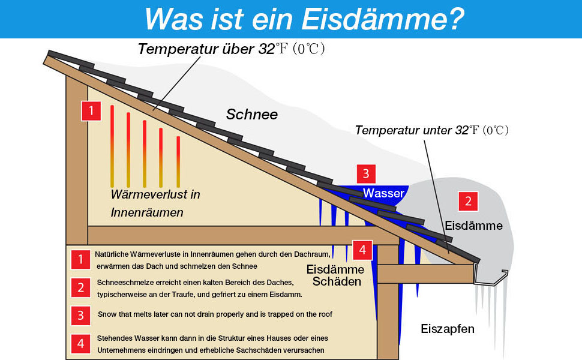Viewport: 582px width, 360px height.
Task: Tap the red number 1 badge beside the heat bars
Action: pos(91,110)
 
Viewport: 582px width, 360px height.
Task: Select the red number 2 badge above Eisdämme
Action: pos(468,202)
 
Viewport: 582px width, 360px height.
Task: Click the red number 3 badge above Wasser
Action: pos(365,174)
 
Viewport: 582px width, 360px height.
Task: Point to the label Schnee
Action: pos(251,114)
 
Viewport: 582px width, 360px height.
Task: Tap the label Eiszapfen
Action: pos(447,329)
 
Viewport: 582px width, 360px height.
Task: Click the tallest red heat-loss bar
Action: pos(112,146)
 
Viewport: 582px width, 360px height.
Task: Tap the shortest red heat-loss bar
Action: pos(178,161)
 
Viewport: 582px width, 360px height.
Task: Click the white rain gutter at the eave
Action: pos(490,277)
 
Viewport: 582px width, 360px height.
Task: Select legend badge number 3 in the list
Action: pos(80,315)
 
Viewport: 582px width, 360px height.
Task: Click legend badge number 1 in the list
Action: pos(80,259)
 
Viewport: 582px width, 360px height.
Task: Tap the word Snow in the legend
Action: pos(109,314)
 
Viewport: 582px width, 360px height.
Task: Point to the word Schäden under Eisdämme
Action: pos(337,281)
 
